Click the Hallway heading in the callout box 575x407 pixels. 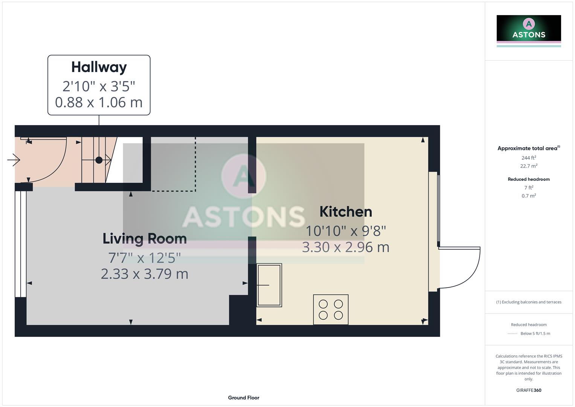(x=99, y=67)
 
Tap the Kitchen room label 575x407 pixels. (x=346, y=212)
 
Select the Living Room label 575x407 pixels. (x=145, y=239)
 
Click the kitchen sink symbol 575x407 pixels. (x=269, y=285)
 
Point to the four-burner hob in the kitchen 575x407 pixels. (x=331, y=309)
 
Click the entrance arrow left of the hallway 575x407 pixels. (x=14, y=160)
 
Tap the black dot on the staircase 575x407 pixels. (x=99, y=160)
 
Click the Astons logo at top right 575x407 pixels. (x=529, y=29)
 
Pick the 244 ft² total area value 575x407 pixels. (x=529, y=158)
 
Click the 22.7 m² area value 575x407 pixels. (x=529, y=166)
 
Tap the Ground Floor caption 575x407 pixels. (x=244, y=398)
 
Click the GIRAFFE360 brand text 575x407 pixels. (x=529, y=390)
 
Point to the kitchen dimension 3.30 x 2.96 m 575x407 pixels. (x=346, y=247)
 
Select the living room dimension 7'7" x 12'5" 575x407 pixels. (x=145, y=258)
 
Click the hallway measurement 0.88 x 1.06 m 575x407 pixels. (x=99, y=102)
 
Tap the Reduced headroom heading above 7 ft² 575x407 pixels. (x=529, y=179)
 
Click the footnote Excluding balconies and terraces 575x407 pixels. (x=529, y=302)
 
